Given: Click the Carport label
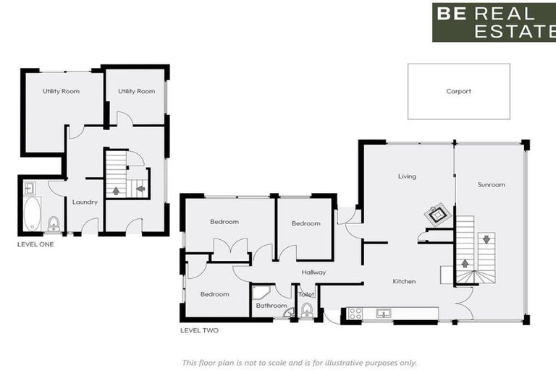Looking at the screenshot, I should coord(458,92).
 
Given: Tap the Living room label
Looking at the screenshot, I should coord(407,176).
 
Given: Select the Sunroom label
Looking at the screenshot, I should coord(491,185).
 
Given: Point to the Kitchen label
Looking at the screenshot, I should coord(404,281).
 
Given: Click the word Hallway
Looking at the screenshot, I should coord(313,272).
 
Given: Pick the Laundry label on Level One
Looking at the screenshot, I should coord(85,202).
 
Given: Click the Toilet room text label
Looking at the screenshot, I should coord(307,295).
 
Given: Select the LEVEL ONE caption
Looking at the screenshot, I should coord(35,244).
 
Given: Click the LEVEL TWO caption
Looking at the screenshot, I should coord(199,330).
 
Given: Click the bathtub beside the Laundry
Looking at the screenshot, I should coord(32,213).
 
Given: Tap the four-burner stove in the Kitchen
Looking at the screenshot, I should coord(355,313).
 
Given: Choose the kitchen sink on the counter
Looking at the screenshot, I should coord(383,313).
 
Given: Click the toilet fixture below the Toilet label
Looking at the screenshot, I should coord(307,311).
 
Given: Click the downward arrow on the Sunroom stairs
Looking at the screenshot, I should coord(486,239).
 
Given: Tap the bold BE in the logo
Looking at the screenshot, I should coord(452,13).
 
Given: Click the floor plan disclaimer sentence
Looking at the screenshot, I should coord(299,363).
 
